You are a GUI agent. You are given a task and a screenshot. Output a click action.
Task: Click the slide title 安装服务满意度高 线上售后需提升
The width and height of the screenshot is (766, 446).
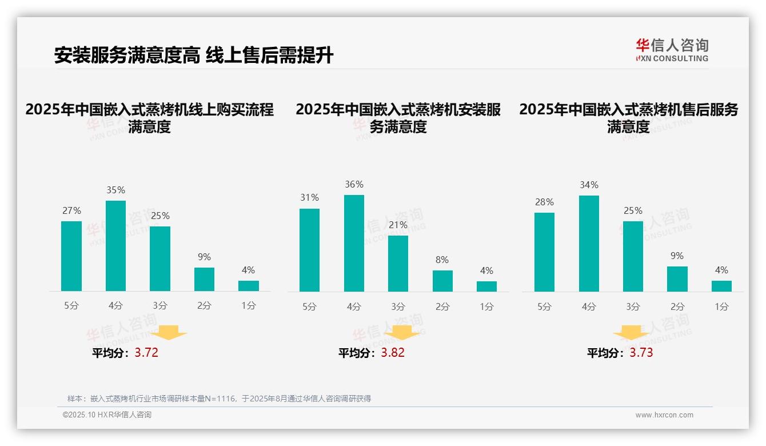pos(193,55)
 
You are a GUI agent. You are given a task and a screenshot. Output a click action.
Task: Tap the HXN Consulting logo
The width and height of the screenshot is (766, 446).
pos(672,50)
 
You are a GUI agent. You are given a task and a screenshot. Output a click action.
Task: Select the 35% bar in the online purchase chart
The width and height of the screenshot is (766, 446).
pos(115,246)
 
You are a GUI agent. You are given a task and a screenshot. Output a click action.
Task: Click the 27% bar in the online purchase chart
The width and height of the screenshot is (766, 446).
pos(71,256)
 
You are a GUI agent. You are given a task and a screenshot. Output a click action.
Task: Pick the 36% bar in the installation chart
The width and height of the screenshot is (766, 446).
pos(354,243)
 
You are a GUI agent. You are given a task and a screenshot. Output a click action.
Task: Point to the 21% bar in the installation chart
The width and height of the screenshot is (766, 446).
pos(398,264)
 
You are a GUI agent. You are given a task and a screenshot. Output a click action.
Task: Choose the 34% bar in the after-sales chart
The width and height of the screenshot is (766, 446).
pos(589,244)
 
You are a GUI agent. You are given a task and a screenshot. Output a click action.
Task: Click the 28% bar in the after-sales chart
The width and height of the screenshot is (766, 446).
pos(544,252)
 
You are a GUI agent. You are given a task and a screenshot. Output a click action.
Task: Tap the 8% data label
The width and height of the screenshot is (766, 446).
pos(442,260)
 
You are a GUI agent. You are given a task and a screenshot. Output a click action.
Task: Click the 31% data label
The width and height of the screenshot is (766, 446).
pos(310,197)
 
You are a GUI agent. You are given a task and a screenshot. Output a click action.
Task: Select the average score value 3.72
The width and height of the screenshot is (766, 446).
pos(146,353)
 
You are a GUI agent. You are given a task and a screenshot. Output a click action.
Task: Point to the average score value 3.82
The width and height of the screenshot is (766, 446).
pos(393,353)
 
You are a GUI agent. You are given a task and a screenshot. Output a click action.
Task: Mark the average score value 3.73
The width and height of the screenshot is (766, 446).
pos(641,353)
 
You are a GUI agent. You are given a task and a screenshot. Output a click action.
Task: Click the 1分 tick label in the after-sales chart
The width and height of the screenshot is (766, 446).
pos(721,306)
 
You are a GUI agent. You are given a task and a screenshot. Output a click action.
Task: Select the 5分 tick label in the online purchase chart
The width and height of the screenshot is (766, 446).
pos(71,306)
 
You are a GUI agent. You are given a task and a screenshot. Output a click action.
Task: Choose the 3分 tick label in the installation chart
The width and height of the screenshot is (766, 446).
pos(398,306)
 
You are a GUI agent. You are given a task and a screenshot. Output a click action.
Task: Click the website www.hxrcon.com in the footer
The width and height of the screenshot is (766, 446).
pos(664,415)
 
